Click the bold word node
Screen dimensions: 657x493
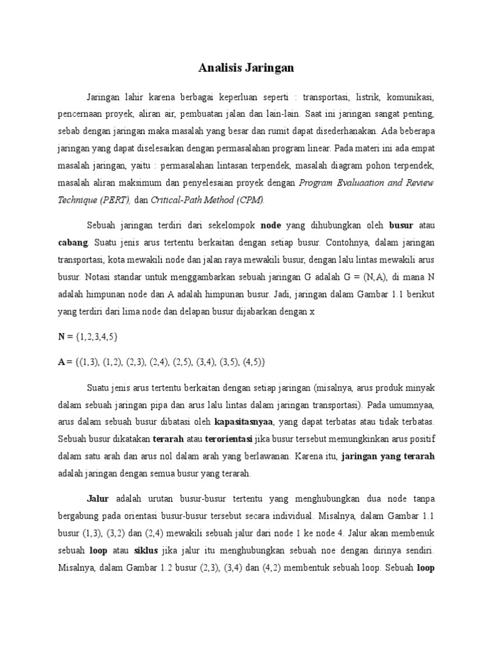click(x=271, y=226)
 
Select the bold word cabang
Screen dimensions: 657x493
click(x=72, y=244)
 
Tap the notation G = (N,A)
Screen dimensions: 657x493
click(x=379, y=278)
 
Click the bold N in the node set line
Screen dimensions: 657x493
click(x=62, y=337)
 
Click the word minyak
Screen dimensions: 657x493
click(x=420, y=388)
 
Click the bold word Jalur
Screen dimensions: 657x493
click(x=98, y=499)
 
